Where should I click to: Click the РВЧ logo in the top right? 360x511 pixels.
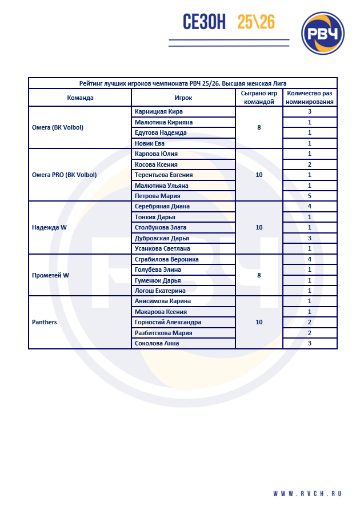tap(324, 33)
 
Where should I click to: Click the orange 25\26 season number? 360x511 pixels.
tap(256, 22)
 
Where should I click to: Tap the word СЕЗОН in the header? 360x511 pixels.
tap(205, 22)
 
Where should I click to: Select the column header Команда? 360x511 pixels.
tap(80, 98)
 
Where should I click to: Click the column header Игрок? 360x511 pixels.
tap(183, 98)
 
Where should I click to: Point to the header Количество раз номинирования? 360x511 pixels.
tap(310, 98)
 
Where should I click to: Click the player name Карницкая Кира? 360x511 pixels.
tap(159, 112)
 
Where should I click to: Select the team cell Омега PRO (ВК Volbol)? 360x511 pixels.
tap(65, 175)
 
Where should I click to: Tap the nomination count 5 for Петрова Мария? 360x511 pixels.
tap(309, 196)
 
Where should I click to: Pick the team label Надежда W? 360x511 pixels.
tap(49, 227)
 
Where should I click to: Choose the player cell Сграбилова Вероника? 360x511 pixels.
tap(166, 259)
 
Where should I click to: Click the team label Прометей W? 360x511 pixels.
tap(50, 275)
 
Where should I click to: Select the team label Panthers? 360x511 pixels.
tap(45, 322)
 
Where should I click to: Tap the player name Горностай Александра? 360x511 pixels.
tap(167, 322)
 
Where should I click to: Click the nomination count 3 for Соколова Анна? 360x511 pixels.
tap(309, 343)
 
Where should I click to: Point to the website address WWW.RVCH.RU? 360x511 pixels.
tap(307, 493)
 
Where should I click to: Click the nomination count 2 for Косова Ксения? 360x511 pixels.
tap(309, 164)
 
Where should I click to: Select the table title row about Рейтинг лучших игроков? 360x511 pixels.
tap(183, 83)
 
